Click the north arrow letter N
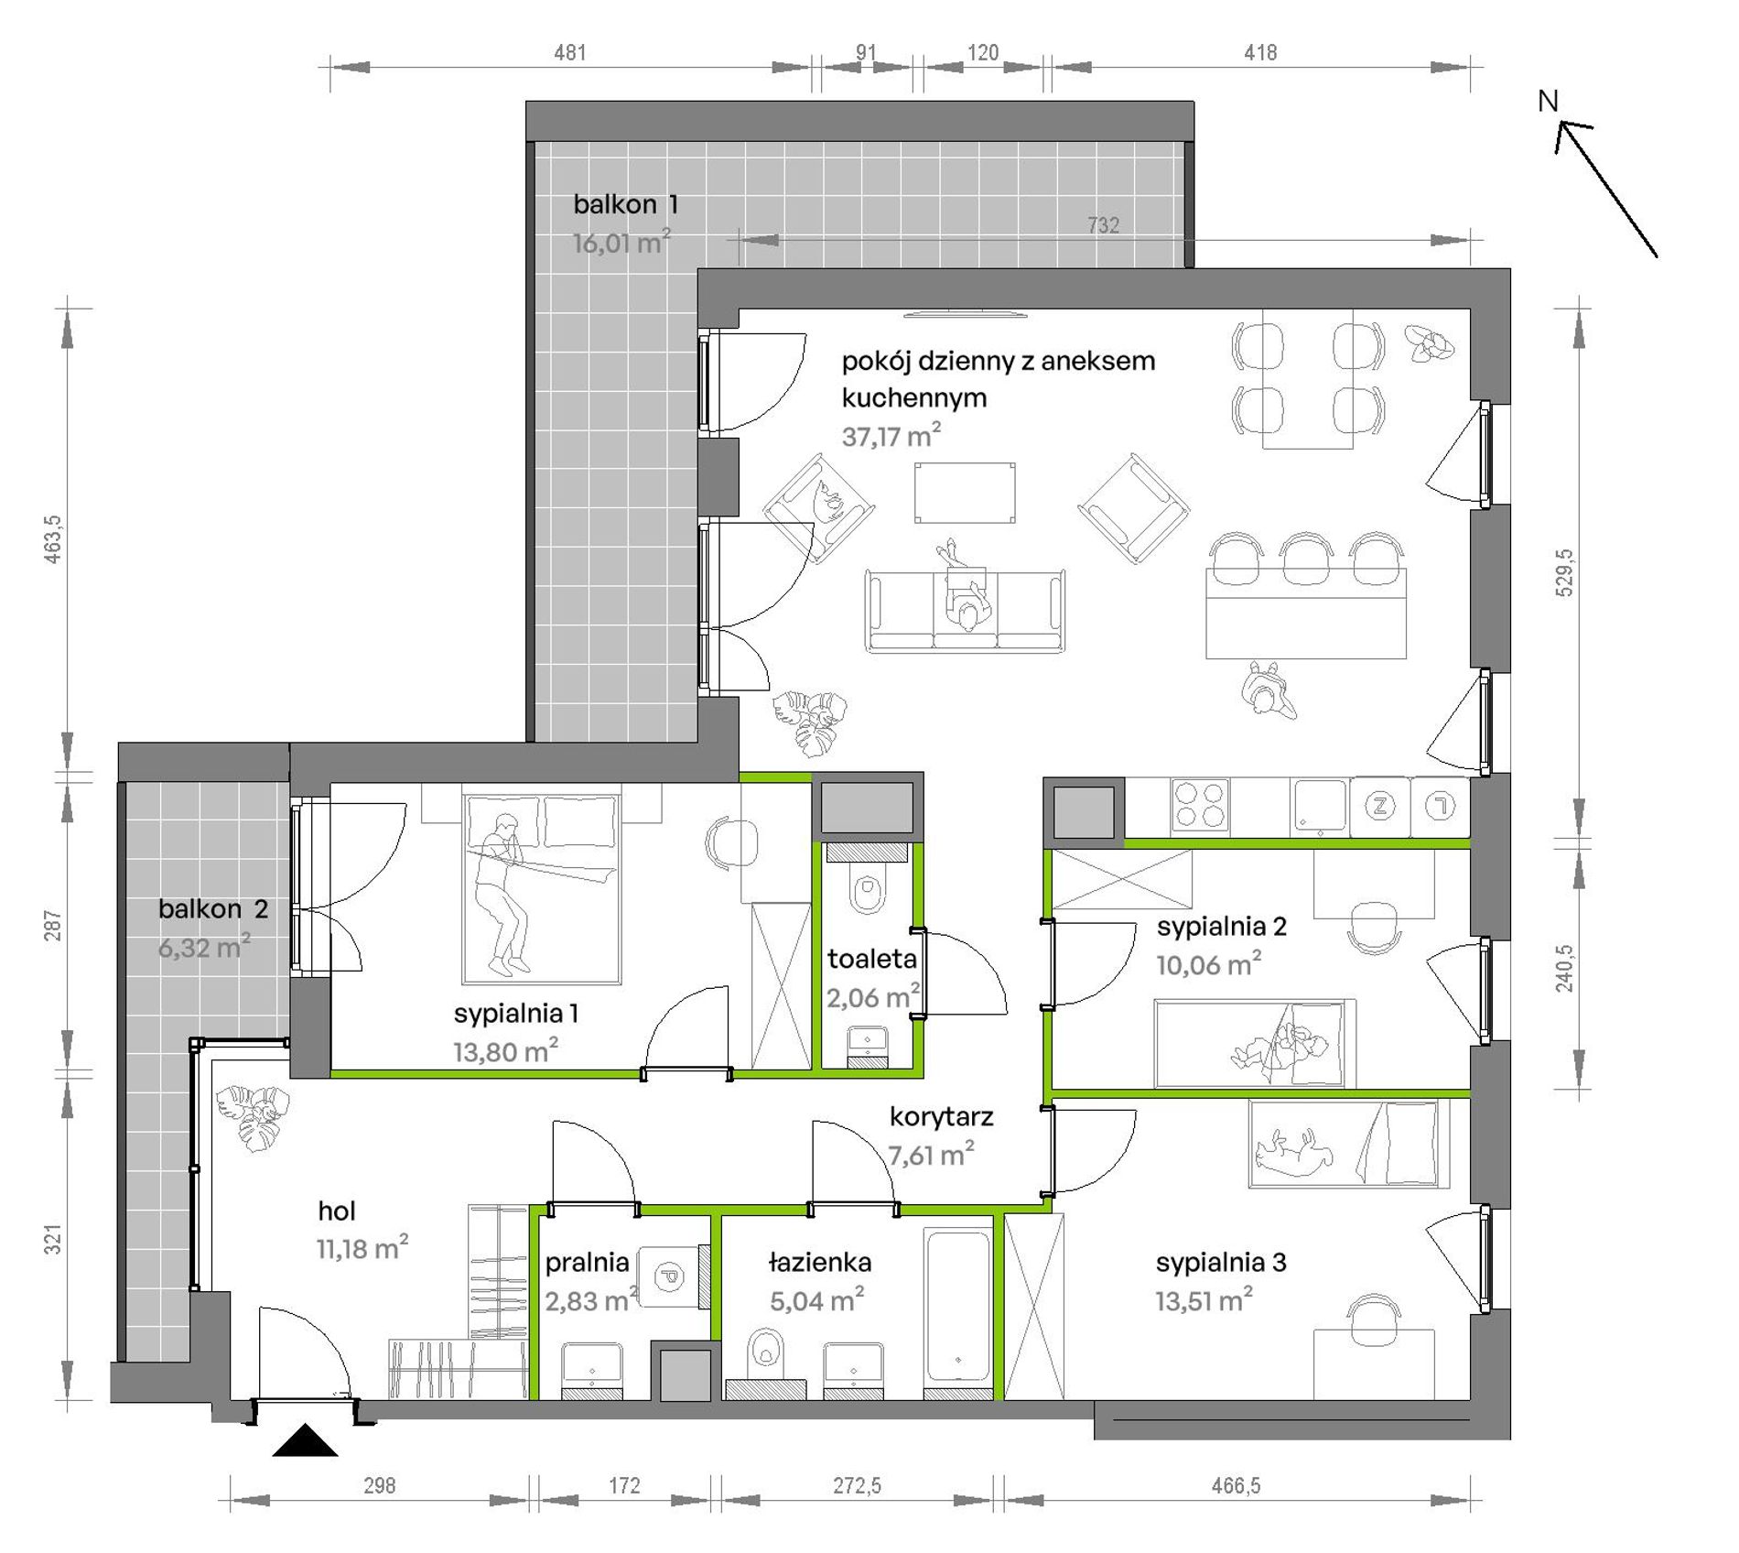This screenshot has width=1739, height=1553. [1547, 101]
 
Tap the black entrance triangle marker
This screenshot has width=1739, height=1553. [305, 1440]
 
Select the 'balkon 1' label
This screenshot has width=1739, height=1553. [625, 204]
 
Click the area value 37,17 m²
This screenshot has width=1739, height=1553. [891, 435]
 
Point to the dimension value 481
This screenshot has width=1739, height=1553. [569, 53]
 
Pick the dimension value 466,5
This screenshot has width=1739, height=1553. [1236, 1485]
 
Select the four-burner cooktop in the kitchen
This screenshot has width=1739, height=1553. [1200, 806]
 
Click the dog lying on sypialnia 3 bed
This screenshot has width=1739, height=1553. [1293, 1151]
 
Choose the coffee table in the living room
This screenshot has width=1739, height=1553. [965, 492]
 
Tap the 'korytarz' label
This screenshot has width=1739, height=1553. [941, 1116]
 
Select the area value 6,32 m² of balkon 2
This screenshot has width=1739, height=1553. [204, 947]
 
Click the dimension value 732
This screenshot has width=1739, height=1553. [1103, 225]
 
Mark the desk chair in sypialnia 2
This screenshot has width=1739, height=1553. [1374, 928]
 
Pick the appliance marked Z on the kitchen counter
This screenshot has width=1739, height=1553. [1379, 806]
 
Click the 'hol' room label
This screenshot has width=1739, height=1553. [337, 1211]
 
